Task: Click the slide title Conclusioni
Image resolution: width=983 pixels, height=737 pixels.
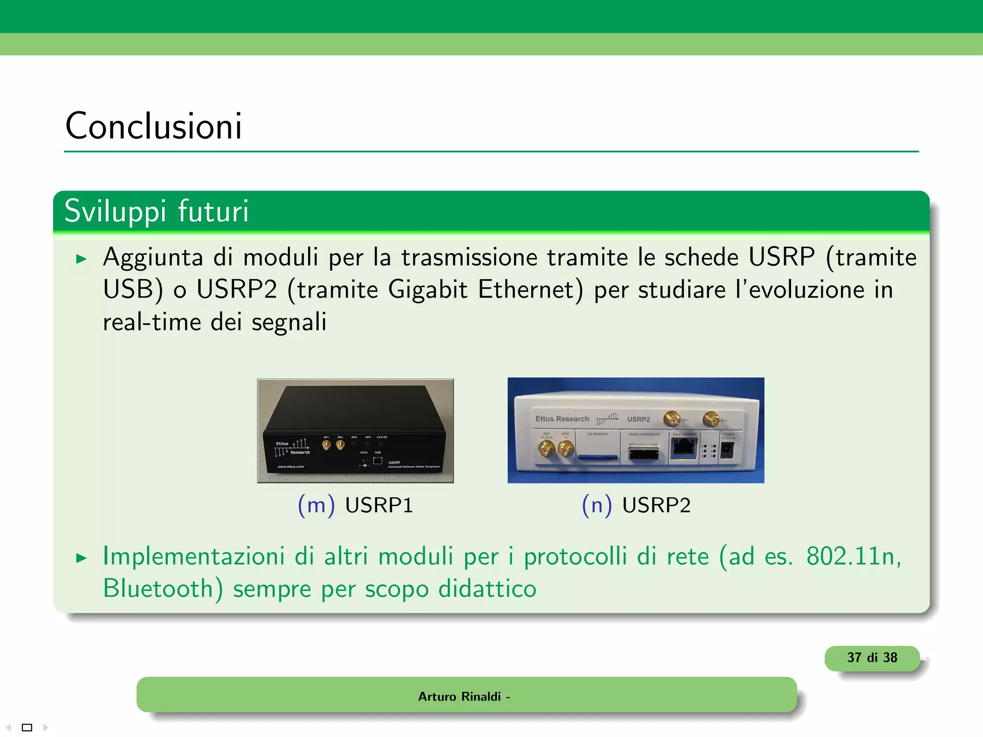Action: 154,126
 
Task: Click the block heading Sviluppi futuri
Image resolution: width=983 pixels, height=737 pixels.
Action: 156,211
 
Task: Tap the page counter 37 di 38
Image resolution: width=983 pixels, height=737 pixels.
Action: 872,657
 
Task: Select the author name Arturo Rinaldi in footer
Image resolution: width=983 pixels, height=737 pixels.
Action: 459,696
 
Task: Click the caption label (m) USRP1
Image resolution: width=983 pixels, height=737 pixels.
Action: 355,505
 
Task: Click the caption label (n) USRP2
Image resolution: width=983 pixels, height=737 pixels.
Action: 636,505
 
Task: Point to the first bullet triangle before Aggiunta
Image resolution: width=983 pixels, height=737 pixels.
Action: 82,260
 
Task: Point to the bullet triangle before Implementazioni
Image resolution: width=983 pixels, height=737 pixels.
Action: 82,558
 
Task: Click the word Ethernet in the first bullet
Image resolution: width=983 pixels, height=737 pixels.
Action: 530,289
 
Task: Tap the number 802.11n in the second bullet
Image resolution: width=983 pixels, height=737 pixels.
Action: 853,557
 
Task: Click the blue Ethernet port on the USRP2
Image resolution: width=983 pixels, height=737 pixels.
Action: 683,449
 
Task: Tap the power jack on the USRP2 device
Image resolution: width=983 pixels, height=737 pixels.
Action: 727,451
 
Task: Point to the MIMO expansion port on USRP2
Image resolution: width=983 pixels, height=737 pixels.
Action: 644,452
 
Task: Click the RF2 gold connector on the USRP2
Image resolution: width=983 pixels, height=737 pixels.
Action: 710,419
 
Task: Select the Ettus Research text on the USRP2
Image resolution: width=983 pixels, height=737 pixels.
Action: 562,419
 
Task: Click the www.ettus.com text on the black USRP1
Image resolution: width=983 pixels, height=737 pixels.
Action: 291,466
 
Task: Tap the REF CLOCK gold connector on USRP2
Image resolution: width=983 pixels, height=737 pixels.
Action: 546,449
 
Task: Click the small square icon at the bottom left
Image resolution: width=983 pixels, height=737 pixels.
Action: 27,727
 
